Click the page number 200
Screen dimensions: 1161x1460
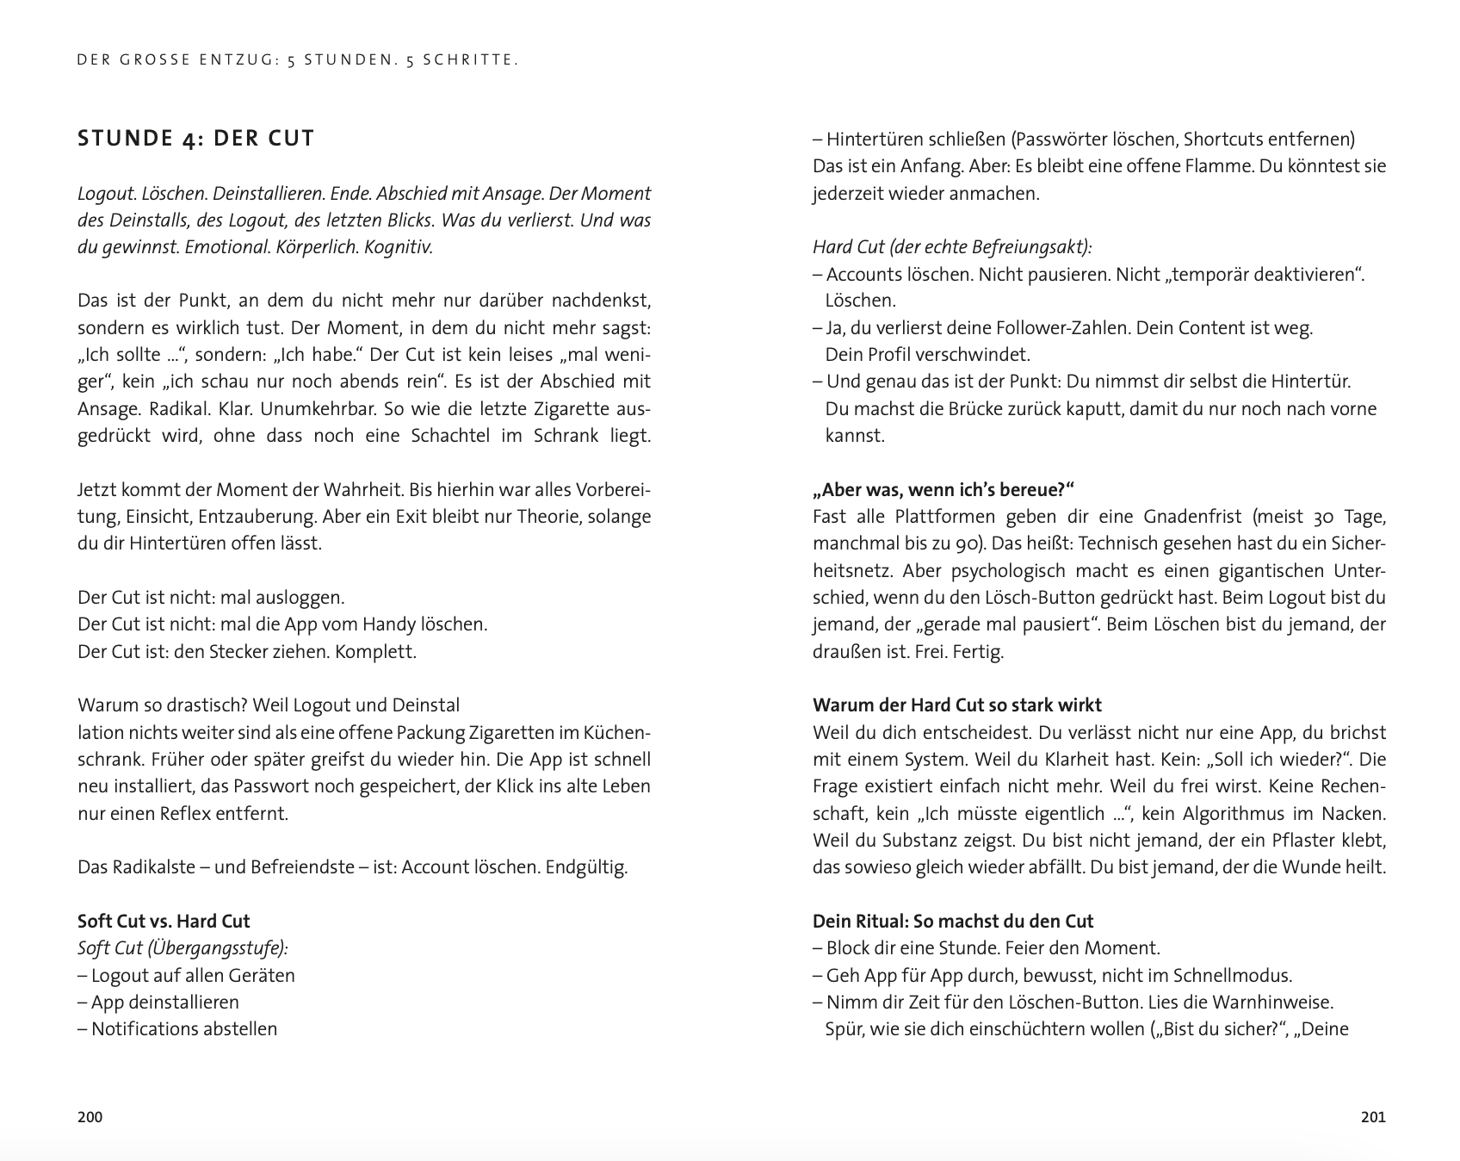tap(90, 1117)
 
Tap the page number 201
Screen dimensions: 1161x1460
tap(1373, 1117)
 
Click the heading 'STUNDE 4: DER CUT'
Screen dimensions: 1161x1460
tap(196, 139)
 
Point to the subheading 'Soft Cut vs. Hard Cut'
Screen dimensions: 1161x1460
tap(164, 921)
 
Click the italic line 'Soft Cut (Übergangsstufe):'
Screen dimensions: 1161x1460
tap(182, 947)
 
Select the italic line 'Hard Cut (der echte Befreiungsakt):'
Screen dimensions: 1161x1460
tap(952, 247)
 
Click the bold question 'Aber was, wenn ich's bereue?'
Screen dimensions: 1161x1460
tap(943, 490)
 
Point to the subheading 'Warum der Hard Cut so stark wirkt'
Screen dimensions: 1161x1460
tap(956, 705)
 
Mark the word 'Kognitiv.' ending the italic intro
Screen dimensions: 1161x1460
tap(399, 247)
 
